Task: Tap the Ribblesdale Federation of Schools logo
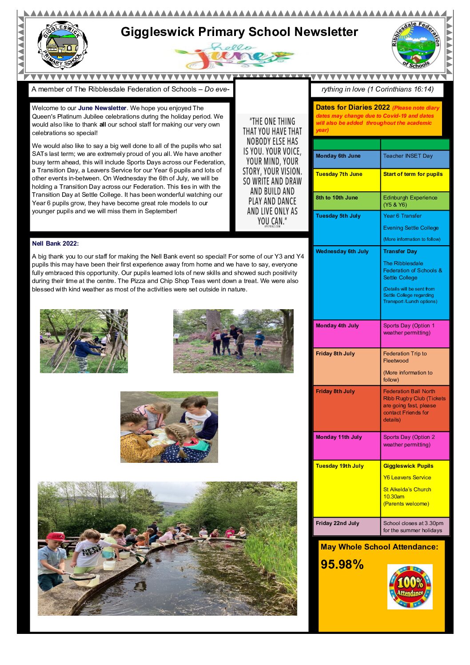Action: [416, 45]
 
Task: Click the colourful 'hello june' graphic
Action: [235, 56]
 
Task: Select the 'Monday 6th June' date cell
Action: [347, 159]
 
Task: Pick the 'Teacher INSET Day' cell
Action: [415, 159]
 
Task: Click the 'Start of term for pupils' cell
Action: [415, 179]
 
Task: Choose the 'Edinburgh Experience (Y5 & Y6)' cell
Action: [415, 201]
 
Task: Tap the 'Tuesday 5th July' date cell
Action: [347, 227]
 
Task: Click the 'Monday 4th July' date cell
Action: [347, 333]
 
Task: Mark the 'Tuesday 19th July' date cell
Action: [347, 488]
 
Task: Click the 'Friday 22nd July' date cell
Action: [347, 526]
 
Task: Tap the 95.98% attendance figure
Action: [342, 565]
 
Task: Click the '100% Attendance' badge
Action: [410, 587]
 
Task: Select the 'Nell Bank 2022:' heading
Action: [55, 243]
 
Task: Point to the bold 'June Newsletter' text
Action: [102, 108]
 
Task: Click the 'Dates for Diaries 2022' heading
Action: [353, 107]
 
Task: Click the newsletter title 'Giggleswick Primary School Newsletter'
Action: [239, 32]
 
